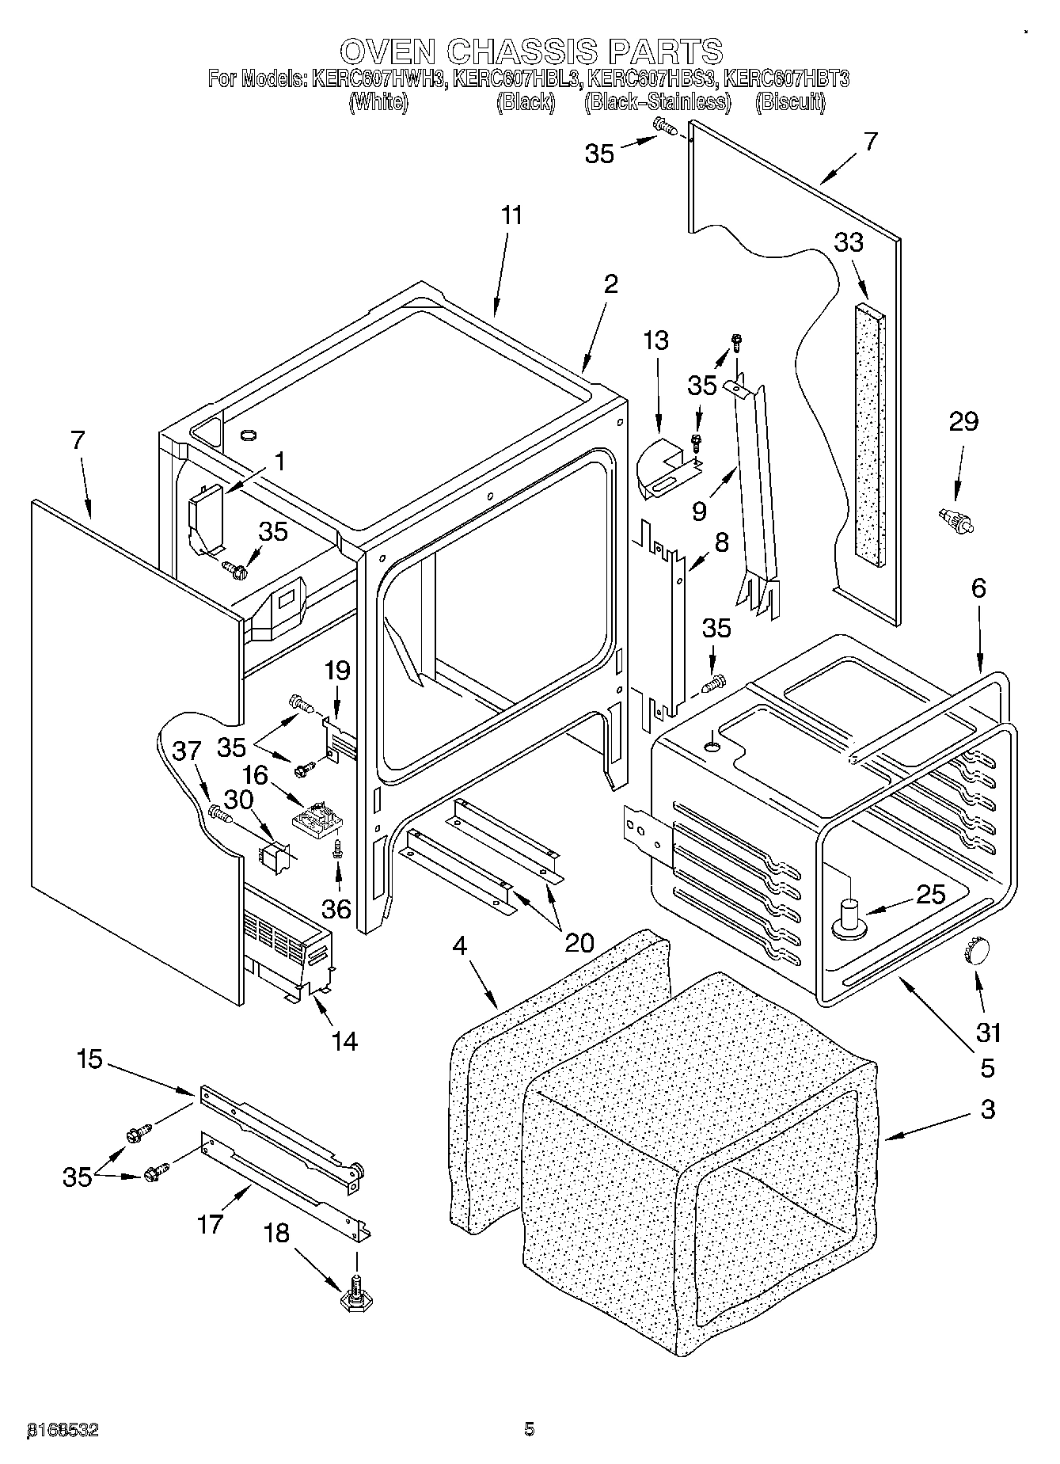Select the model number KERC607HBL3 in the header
point(519,79)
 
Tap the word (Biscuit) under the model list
point(790,102)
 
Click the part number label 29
point(963,422)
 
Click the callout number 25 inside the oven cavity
point(930,895)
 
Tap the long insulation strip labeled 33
point(868,434)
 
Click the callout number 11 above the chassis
point(512,215)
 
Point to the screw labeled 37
point(218,812)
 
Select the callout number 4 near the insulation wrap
point(461,945)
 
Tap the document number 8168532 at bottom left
point(63,1428)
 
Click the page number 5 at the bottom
point(529,1428)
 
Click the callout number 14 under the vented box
point(344,1041)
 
